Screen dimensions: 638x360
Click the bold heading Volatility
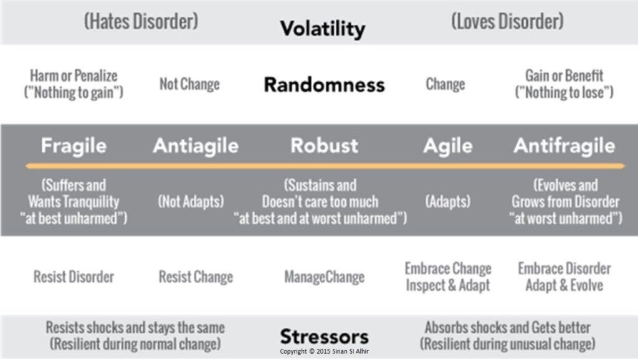coord(323,29)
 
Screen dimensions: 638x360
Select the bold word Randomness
coord(324,85)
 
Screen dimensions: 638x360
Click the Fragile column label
coord(74,146)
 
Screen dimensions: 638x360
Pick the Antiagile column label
coord(196,146)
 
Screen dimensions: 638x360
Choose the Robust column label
coord(324,145)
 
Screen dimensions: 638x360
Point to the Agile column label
coord(448,146)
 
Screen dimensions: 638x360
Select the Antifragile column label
coord(564,146)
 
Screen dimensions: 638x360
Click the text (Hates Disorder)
coord(141,21)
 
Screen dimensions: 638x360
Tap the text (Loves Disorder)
coord(508,21)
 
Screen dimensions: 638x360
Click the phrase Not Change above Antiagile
coord(189,84)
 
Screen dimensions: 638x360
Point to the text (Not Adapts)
coord(191,201)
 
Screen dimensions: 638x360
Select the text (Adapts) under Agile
coord(448,201)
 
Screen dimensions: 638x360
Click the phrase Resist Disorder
coord(74,277)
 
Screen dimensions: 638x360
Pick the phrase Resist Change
coord(196,277)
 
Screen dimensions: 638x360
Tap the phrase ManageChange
coord(324,277)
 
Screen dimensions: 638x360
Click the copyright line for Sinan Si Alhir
coord(324,351)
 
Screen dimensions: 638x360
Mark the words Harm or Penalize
coord(74,75)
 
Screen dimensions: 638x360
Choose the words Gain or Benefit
coord(564,75)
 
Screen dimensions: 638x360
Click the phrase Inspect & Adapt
coord(448,285)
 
